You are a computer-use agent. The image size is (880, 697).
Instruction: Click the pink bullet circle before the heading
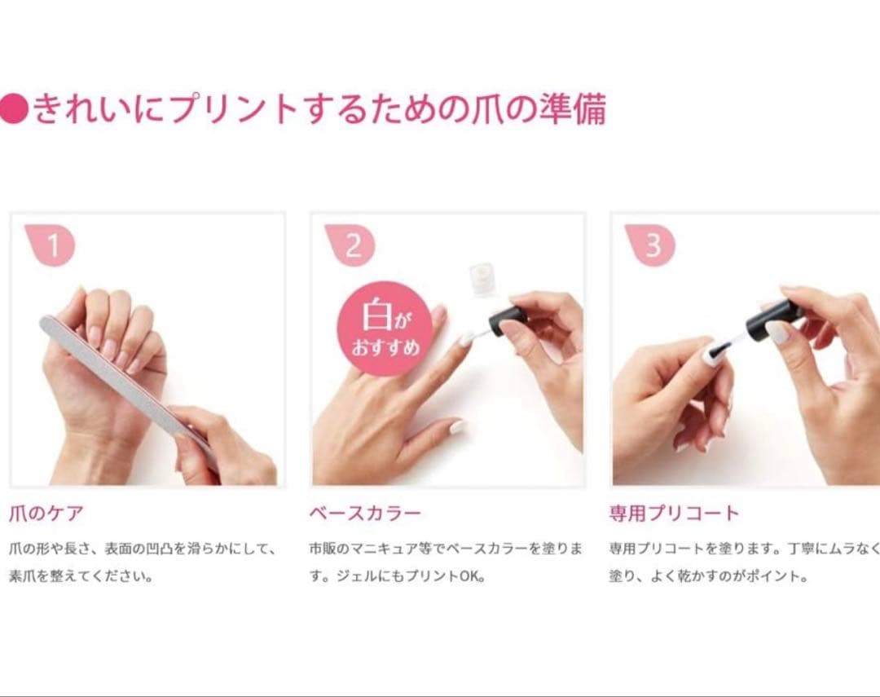tap(14, 108)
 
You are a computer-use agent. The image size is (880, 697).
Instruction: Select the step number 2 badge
tap(352, 245)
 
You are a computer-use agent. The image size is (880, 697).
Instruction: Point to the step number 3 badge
tap(652, 245)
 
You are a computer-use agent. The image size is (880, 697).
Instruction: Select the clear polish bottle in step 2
tap(483, 278)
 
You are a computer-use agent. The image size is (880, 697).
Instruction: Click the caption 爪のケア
tap(46, 514)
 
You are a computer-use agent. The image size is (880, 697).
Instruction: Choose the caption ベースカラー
tap(365, 514)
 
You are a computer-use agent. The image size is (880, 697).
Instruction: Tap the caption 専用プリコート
tap(674, 514)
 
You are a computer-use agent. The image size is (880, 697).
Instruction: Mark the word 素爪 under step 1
tap(24, 576)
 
